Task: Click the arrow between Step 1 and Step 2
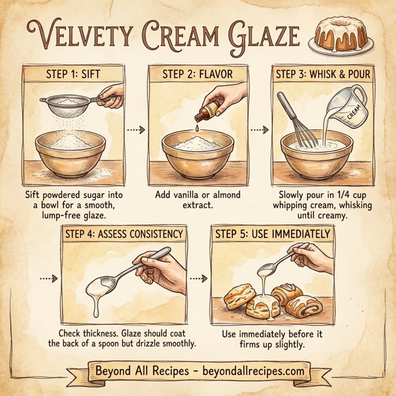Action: [136, 130]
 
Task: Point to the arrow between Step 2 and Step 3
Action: [259, 130]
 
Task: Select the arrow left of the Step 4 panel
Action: [48, 278]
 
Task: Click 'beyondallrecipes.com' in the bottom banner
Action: [249, 371]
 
